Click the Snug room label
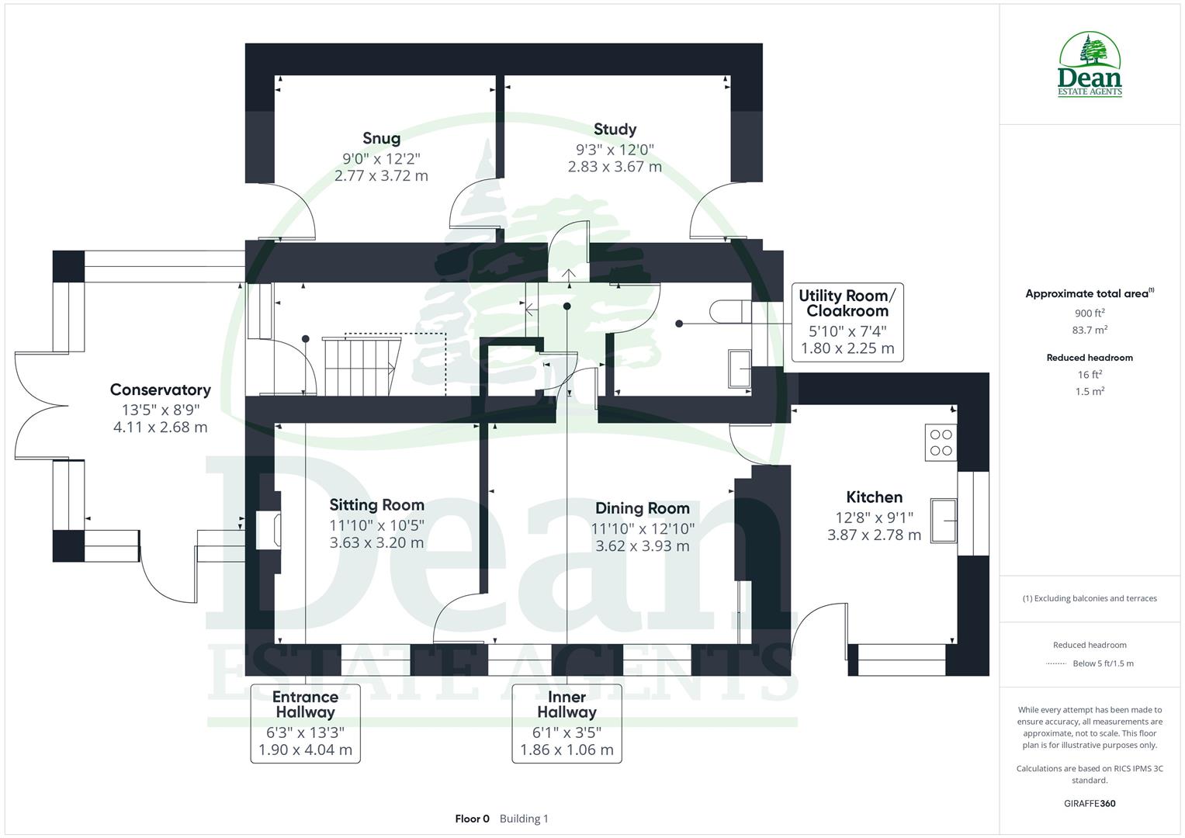(x=381, y=138)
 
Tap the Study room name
(x=615, y=130)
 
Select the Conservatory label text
(x=160, y=390)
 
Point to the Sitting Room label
(x=376, y=505)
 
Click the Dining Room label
(x=642, y=508)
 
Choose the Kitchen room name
(x=874, y=497)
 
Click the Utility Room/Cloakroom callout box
(x=847, y=321)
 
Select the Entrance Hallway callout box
(x=305, y=722)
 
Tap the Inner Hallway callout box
(x=567, y=722)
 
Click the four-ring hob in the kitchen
(x=941, y=443)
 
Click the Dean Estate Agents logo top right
(x=1090, y=65)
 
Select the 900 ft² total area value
(x=1090, y=313)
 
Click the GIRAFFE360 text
(x=1090, y=803)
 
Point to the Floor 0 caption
(x=472, y=819)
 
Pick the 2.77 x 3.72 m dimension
(x=381, y=176)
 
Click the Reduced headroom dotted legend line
(x=1056, y=663)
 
